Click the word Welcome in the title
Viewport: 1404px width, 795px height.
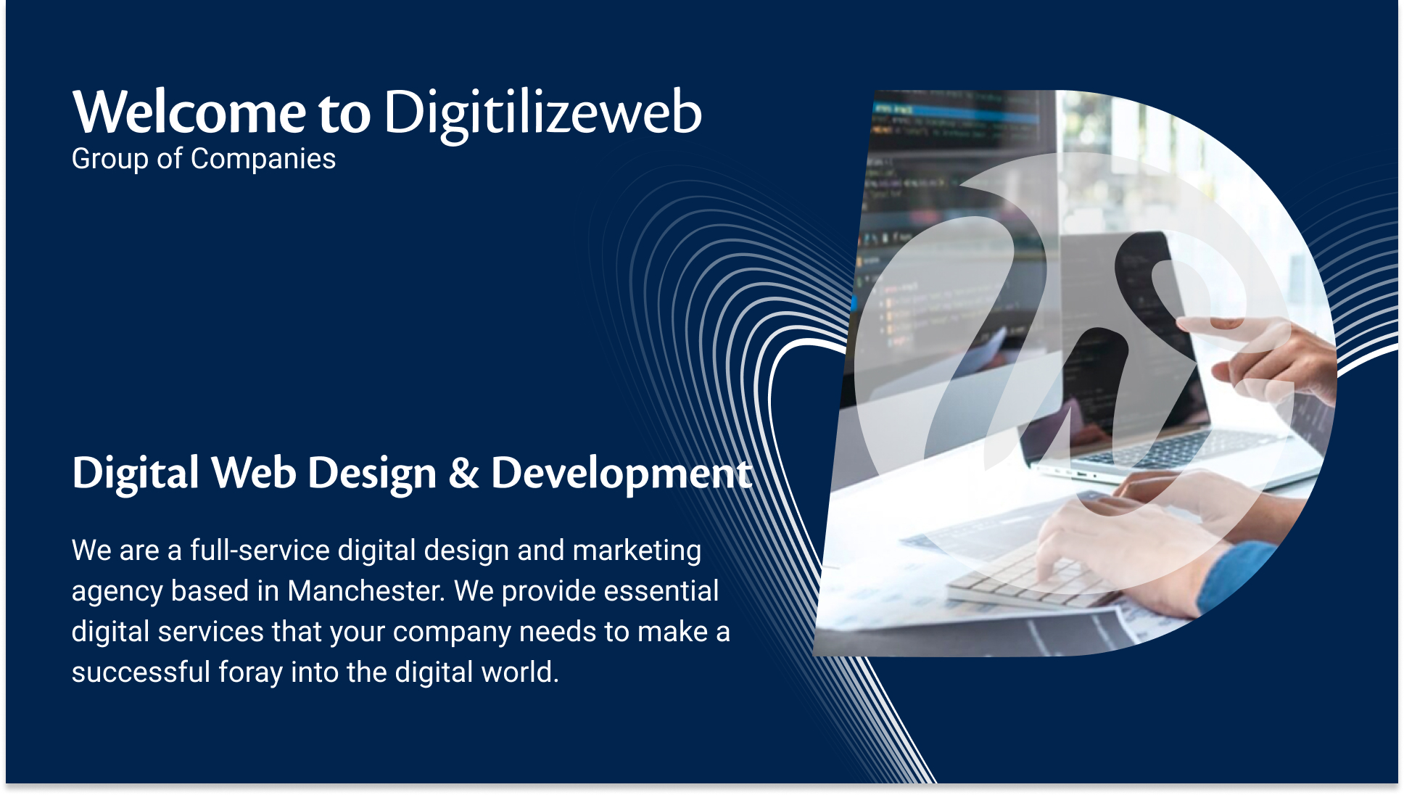coord(189,112)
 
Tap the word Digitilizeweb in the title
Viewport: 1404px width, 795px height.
coord(542,115)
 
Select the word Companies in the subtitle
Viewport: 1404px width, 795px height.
coord(263,160)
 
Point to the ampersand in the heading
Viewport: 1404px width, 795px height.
coord(464,473)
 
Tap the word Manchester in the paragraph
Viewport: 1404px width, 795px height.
coord(366,591)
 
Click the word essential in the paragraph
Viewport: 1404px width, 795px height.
coord(661,591)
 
